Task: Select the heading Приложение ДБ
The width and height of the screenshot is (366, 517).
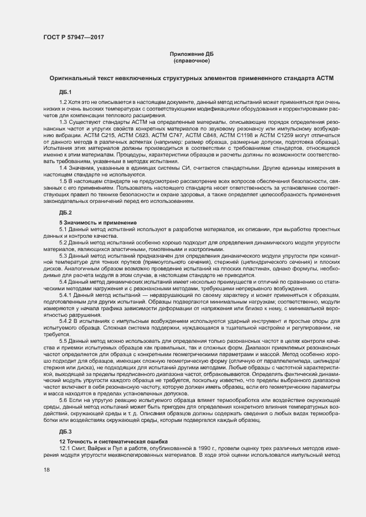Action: (192, 54)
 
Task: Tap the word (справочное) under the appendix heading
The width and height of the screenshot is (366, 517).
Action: (192, 60)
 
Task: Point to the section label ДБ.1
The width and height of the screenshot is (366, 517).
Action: (65, 91)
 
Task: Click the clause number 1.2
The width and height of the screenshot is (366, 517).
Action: (63, 103)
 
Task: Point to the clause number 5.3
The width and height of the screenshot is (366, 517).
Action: (63, 257)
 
